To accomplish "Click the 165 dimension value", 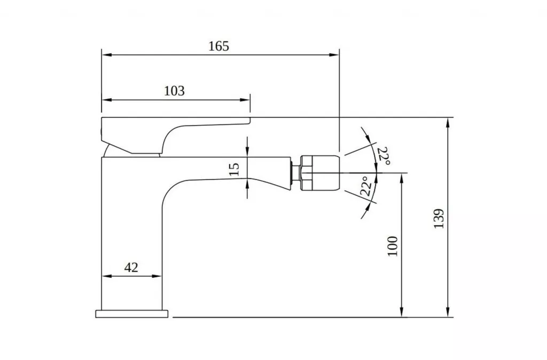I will tap(218, 46).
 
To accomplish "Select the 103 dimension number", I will tap(174, 91).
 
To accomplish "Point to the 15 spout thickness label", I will tap(234, 169).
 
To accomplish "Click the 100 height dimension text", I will tap(393, 246).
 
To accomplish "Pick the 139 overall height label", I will tap(439, 219).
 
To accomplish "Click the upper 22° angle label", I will tap(383, 155).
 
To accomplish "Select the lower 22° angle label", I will tap(366, 186).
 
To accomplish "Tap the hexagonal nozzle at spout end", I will tap(320, 173).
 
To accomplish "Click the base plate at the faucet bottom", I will tap(132, 314).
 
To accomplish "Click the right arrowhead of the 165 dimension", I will tap(335, 54).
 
